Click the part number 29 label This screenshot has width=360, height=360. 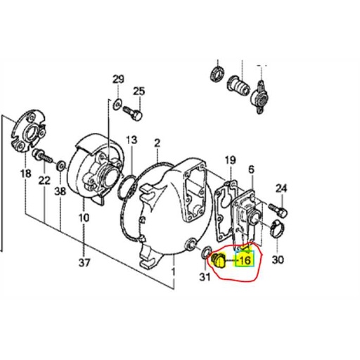point(117,78)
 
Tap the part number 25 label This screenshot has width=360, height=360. point(139,91)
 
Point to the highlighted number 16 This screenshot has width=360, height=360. point(243,260)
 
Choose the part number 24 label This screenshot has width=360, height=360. point(281,188)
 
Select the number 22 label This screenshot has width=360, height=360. point(44,181)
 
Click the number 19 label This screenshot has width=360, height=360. point(230,161)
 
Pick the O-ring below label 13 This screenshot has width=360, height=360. point(127,188)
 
